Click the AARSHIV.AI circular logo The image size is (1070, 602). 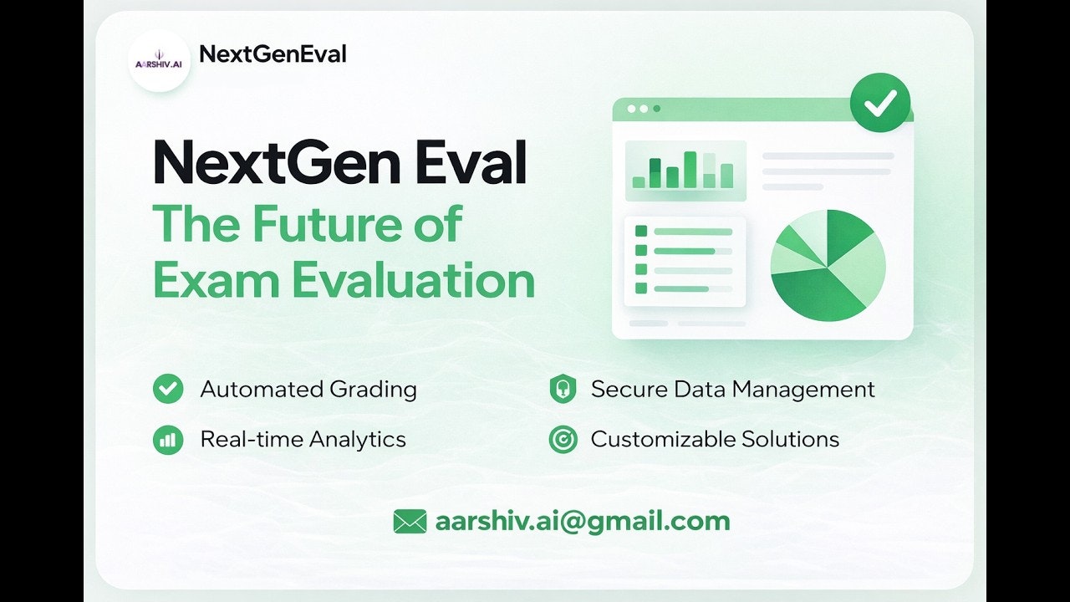coord(159,61)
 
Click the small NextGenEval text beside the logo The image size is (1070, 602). coord(273,54)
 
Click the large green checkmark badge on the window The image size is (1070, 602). coord(880,103)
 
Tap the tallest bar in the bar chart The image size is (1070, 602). coord(690,170)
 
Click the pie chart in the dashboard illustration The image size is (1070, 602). coord(828,266)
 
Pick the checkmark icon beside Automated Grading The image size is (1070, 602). coord(168,389)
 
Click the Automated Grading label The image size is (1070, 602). coord(308,389)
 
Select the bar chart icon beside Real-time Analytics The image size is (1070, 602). coord(168,440)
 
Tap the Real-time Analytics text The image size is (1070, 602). coord(303,440)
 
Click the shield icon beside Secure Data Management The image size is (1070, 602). coord(563,389)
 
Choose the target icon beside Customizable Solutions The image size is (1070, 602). coord(563,439)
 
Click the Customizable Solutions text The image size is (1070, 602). coord(715,439)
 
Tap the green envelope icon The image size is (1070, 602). coord(410,521)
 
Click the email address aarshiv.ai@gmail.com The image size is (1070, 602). coord(583,521)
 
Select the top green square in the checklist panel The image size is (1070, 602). coord(641,232)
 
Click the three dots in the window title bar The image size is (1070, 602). coord(644,109)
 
